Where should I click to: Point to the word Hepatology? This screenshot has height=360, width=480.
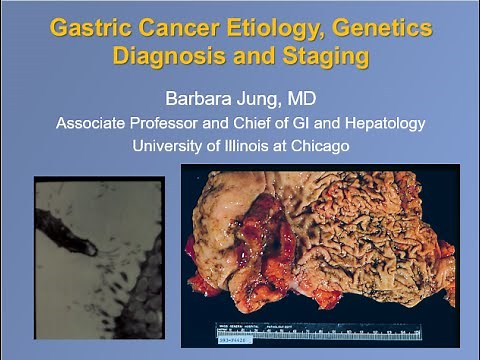click(x=384, y=124)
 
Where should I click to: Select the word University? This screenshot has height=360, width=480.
click(x=169, y=146)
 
